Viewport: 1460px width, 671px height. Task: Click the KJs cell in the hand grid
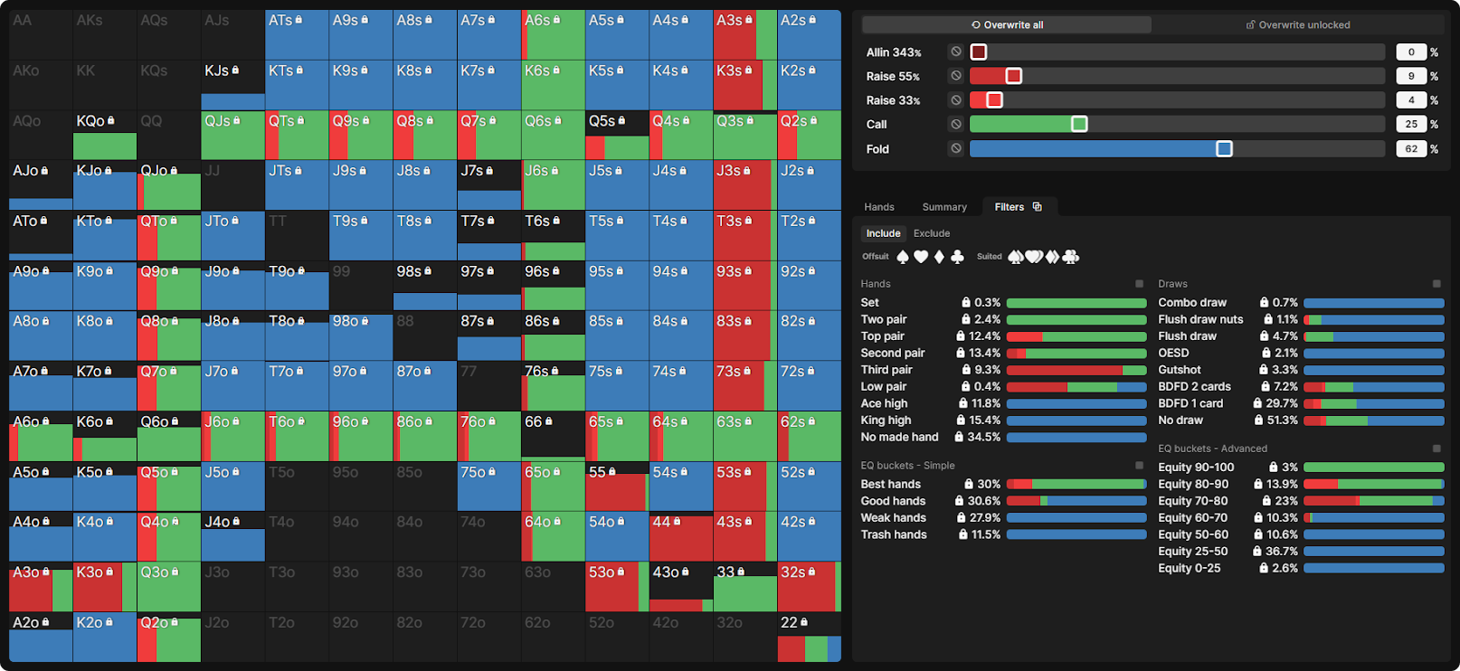point(232,85)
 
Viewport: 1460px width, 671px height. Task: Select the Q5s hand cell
point(616,135)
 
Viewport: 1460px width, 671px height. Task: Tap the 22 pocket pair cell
point(809,637)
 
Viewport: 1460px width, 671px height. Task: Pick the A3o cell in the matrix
point(40,587)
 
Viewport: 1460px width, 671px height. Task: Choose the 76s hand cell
point(552,386)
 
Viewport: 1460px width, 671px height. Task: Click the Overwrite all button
point(1007,25)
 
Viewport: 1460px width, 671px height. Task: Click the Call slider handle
point(1079,124)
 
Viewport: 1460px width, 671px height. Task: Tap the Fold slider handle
point(1224,148)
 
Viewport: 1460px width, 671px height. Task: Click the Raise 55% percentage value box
point(1411,76)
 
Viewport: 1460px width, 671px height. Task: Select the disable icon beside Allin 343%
point(956,52)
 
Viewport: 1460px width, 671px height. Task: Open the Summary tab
point(944,207)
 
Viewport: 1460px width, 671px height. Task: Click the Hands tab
point(878,207)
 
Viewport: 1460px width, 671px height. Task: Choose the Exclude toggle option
point(931,233)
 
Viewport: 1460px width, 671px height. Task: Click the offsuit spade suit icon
point(903,257)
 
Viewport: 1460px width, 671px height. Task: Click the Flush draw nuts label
point(1200,319)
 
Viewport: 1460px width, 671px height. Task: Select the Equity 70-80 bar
point(1373,501)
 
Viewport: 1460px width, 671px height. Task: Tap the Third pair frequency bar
point(1076,370)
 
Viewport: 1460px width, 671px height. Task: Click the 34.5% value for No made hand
point(983,438)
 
